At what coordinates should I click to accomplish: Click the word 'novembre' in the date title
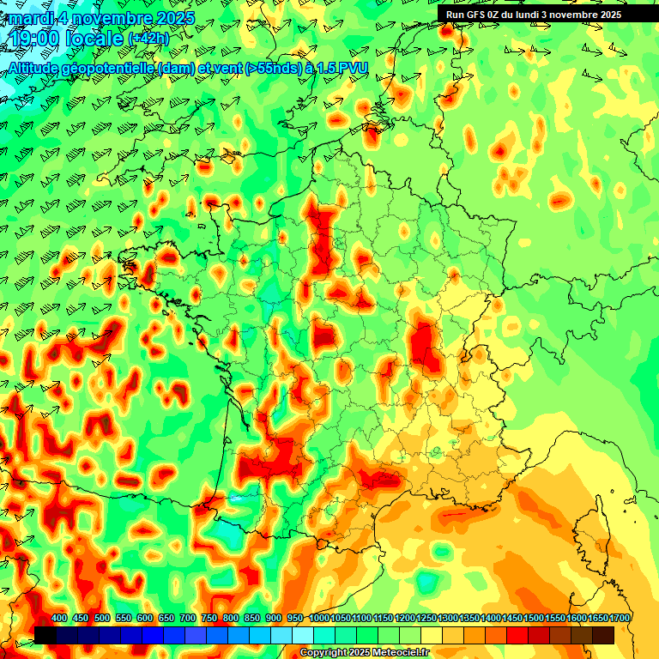pyautogui.click(x=110, y=17)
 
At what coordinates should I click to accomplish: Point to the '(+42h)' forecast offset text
pyautogui.click(x=149, y=39)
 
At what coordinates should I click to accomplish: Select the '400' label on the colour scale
pyautogui.click(x=59, y=619)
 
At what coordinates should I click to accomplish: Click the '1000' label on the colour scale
pyautogui.click(x=318, y=619)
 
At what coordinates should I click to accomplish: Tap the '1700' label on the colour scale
pyautogui.click(x=620, y=619)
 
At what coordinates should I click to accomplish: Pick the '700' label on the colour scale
pyautogui.click(x=188, y=619)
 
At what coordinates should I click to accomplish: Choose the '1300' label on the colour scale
pyautogui.click(x=448, y=619)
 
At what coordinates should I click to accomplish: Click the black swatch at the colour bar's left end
pyautogui.click(x=45, y=635)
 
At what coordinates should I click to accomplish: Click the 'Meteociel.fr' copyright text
pyautogui.click(x=400, y=653)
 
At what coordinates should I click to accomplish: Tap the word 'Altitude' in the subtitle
pyautogui.click(x=34, y=68)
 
